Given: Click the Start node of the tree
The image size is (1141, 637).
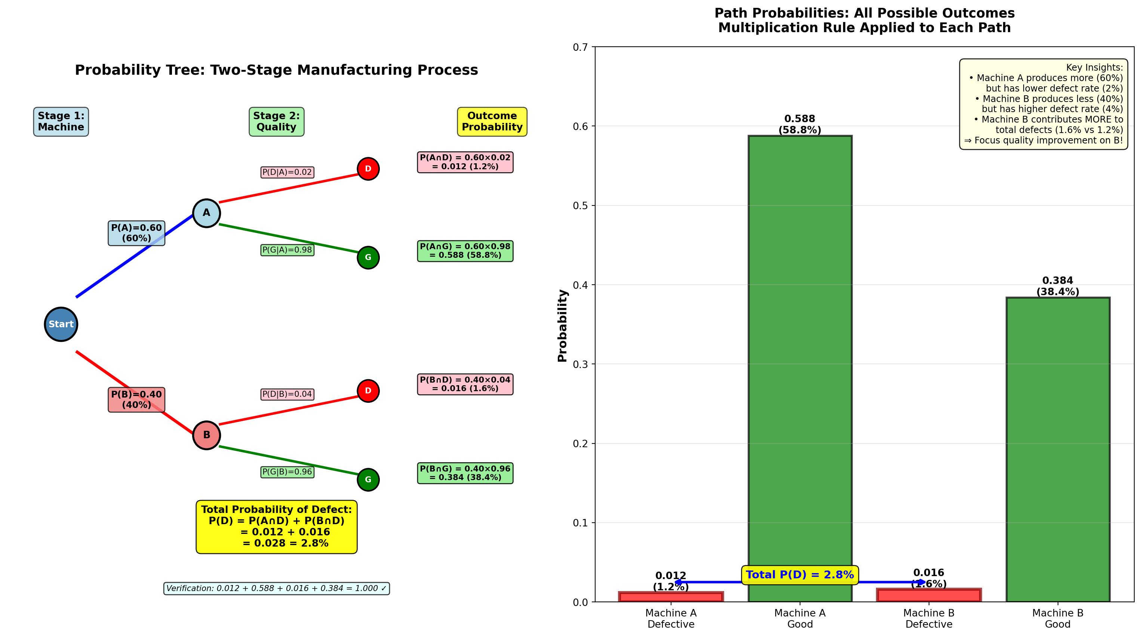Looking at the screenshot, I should (61, 324).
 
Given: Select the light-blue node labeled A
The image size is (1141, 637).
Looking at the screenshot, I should (206, 213).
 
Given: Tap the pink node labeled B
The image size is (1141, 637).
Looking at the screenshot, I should (206, 435).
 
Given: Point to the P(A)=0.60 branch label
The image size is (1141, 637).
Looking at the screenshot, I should (136, 233).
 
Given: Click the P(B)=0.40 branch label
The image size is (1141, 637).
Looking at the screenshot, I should (136, 399).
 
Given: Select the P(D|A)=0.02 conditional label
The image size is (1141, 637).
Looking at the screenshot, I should (287, 172).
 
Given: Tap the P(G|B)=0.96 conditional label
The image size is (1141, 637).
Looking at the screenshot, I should (287, 472).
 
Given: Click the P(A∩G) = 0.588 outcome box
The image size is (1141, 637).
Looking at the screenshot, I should (465, 251).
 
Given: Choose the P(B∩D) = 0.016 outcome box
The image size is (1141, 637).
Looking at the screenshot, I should (465, 384).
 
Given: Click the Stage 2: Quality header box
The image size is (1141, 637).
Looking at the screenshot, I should (276, 121).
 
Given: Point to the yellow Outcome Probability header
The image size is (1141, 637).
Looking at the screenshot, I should (492, 121).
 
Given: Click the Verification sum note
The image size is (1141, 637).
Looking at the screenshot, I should (276, 588).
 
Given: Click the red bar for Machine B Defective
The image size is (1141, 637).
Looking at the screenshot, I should (929, 596).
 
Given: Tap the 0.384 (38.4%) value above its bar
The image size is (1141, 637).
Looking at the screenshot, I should (1058, 286).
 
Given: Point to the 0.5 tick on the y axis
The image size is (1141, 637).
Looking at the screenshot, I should (580, 205).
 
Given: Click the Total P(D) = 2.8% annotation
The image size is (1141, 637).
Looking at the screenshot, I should (800, 575).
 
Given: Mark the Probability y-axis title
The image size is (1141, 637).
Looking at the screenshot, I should (563, 325).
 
